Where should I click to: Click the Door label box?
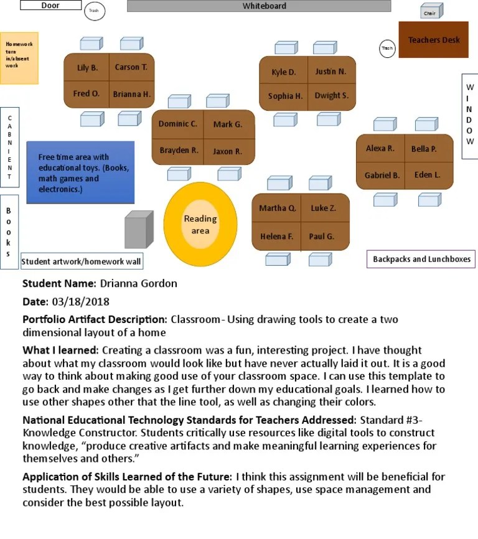click(50, 6)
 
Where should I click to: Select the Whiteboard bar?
click(259, 6)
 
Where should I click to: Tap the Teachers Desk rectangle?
click(433, 40)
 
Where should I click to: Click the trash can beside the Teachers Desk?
click(387, 48)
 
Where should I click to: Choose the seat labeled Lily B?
click(87, 68)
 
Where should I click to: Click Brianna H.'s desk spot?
click(131, 95)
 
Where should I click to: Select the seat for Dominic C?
click(177, 124)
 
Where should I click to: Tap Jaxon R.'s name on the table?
click(227, 151)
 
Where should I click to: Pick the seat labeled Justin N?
click(330, 72)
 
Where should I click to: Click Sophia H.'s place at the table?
click(285, 96)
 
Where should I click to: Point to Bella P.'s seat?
click(424, 149)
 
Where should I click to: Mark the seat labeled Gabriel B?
click(382, 176)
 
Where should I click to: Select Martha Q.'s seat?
click(277, 208)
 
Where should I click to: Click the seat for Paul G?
click(322, 237)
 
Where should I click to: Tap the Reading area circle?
click(200, 224)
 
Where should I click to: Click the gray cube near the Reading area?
click(138, 229)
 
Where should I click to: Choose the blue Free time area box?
click(80, 172)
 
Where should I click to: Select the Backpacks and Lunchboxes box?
click(421, 259)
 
